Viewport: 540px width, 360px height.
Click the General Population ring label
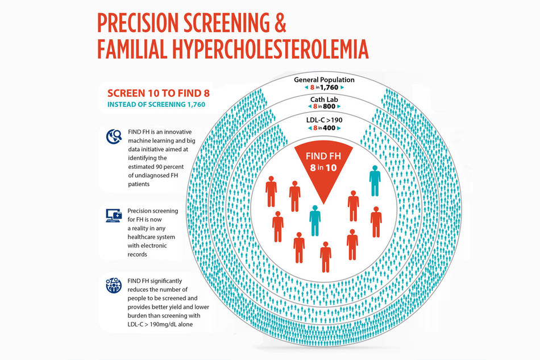324,80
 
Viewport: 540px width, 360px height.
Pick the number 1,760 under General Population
333,88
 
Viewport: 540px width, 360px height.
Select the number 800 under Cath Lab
330,106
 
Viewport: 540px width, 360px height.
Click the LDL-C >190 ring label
324,120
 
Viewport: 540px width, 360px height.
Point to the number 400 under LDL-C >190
330,129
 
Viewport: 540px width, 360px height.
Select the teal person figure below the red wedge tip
314,222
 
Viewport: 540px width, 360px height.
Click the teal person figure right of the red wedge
375,181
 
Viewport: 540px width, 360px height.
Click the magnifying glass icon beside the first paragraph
114,136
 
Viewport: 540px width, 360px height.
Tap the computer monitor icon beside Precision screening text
114,216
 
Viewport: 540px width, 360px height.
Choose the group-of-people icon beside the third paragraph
114,284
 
